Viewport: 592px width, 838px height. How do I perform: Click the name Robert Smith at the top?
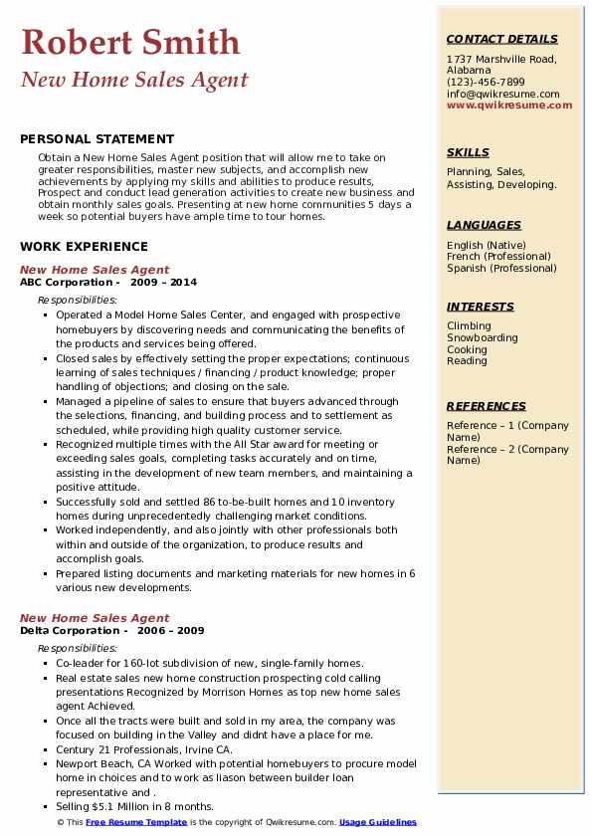[130, 42]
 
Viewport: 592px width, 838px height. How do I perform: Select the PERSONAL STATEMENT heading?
[83, 140]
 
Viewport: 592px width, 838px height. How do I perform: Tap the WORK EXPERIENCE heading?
[84, 247]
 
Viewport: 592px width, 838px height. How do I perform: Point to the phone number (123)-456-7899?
[486, 83]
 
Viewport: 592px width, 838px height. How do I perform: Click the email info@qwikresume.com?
[502, 94]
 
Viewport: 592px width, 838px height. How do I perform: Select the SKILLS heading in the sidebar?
[468, 152]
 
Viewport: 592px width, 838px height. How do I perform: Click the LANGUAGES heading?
[484, 225]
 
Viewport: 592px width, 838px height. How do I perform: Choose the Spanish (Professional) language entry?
[501, 268]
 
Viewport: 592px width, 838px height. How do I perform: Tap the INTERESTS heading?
[481, 307]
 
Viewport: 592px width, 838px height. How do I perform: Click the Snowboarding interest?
[483, 338]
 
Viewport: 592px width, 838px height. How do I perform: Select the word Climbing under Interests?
[469, 326]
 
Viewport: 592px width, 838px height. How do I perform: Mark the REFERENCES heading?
[487, 406]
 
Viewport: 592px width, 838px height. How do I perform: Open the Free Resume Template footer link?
[136, 822]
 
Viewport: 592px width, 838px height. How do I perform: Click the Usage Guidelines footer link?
[378, 822]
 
